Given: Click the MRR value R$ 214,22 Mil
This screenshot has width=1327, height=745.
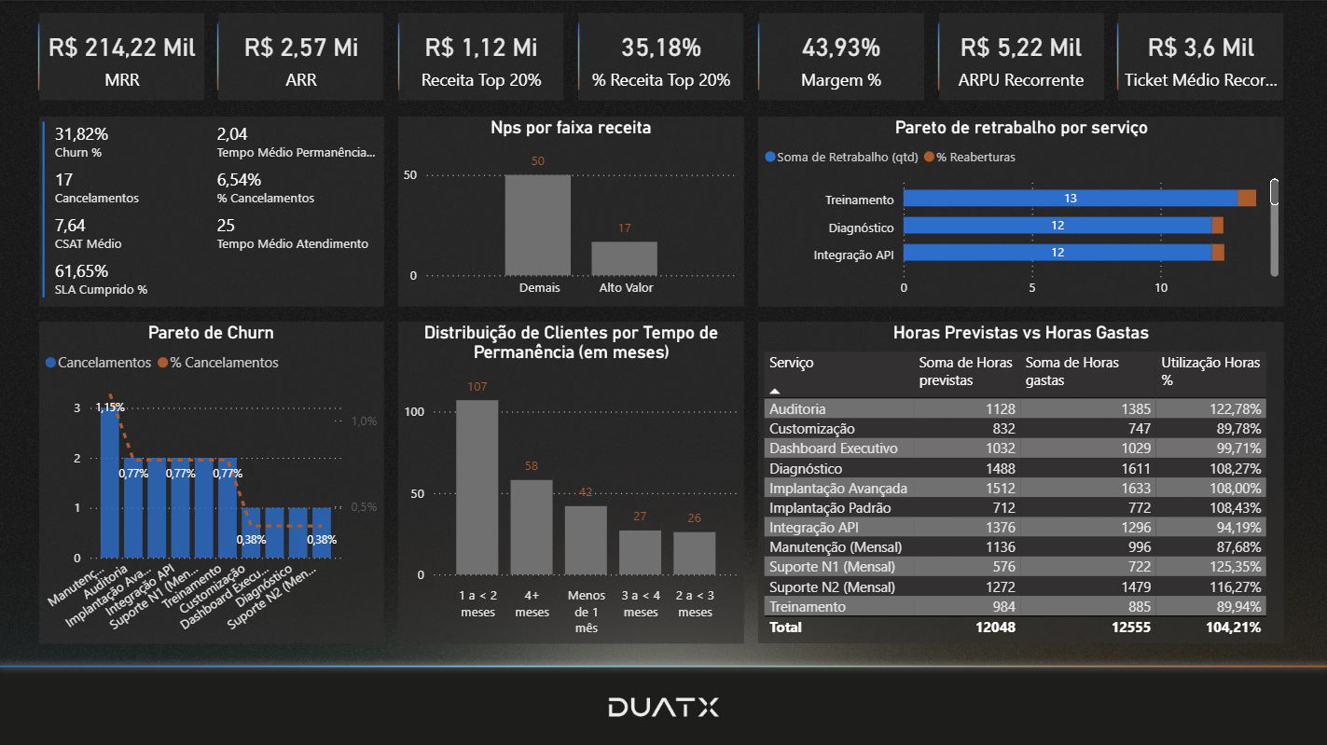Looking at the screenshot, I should coord(122,48).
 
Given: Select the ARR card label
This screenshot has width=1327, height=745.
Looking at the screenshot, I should coord(301,80).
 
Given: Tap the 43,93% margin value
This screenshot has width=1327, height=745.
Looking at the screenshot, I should coord(841,48).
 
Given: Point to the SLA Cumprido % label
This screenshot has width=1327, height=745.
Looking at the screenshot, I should coord(101,290).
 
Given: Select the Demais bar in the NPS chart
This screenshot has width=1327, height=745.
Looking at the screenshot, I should coord(537,225).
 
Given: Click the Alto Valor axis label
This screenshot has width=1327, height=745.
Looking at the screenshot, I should coord(626,288).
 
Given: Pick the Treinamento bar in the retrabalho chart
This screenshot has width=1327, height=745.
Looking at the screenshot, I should coord(1070,199).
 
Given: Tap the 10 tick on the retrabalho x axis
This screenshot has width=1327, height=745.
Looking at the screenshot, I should coord(1161,289).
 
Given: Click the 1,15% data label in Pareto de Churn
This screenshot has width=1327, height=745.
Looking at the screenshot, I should coord(109,407).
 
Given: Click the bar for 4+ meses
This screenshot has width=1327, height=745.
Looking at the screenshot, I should coord(532,527).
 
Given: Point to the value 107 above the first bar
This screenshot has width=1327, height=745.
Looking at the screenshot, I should coord(477,387).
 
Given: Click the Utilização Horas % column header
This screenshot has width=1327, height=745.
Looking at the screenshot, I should coord(1210,371).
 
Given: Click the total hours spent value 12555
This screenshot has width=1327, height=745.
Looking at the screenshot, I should coord(1130,628).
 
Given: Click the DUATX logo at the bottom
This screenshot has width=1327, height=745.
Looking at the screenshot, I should coord(663,707).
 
